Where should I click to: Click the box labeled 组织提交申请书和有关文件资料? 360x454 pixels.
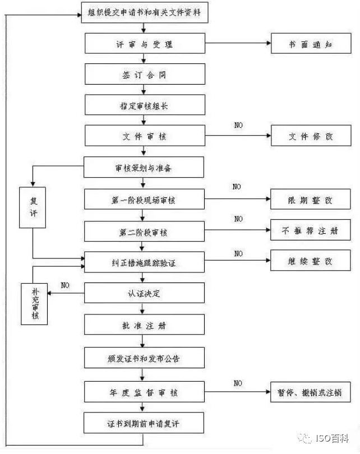(x=145, y=12)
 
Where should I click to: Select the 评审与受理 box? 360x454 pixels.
(x=145, y=43)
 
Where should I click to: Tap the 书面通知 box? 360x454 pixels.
(x=311, y=43)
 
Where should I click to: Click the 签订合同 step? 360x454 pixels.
(x=145, y=74)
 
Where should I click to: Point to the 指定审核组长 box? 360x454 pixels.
(x=145, y=105)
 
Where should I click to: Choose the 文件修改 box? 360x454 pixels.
(x=311, y=136)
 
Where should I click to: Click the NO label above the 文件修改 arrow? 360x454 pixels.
(x=238, y=125)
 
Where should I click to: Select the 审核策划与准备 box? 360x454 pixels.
(x=144, y=167)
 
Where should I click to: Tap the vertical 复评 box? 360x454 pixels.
(x=33, y=207)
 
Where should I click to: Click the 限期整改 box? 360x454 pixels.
(x=311, y=199)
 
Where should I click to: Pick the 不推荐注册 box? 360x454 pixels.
(x=311, y=230)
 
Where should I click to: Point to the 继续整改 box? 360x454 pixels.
(x=311, y=260)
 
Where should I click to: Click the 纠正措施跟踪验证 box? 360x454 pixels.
(x=144, y=262)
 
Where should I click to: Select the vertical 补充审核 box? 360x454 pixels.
(x=34, y=304)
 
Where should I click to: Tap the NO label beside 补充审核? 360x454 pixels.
(x=65, y=285)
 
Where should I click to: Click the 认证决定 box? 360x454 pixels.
(x=144, y=293)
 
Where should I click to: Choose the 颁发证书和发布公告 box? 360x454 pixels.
(x=144, y=358)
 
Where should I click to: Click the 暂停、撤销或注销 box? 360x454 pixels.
(x=311, y=392)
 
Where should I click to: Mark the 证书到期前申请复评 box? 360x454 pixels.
(x=144, y=423)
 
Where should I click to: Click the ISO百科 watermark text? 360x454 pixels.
(x=332, y=438)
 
